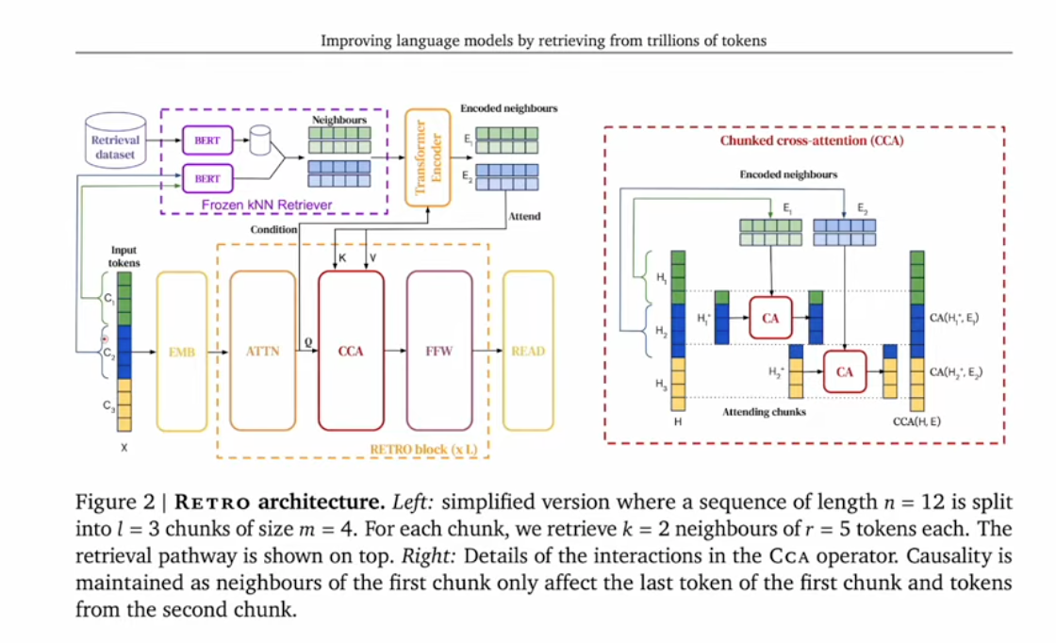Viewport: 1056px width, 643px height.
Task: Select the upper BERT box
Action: click(206, 140)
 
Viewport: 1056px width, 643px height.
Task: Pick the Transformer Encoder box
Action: click(428, 157)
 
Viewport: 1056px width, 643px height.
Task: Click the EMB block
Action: click(181, 352)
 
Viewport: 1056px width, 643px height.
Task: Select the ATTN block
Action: click(262, 352)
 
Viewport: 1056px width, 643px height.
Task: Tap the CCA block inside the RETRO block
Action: click(351, 352)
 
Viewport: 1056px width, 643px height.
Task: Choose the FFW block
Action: click(438, 352)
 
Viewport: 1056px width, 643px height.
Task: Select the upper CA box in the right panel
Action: click(770, 319)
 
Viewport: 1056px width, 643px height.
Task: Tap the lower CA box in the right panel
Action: click(844, 371)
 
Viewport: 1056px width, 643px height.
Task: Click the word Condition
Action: click(273, 229)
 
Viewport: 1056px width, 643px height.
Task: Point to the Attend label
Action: click(524, 216)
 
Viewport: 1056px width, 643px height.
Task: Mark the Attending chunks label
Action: click(764, 412)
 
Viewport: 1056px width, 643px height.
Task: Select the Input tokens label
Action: click(124, 256)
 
